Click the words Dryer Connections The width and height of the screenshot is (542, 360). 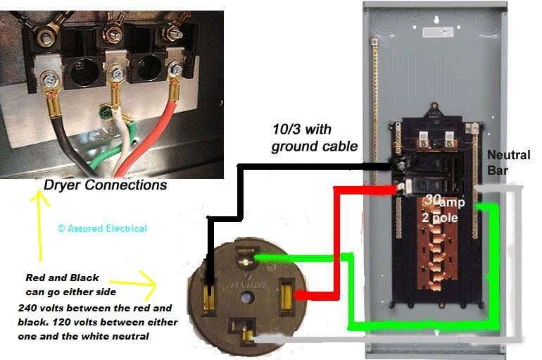(106, 185)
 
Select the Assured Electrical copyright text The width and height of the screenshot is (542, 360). (102, 228)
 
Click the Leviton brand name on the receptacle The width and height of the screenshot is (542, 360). (246, 285)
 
